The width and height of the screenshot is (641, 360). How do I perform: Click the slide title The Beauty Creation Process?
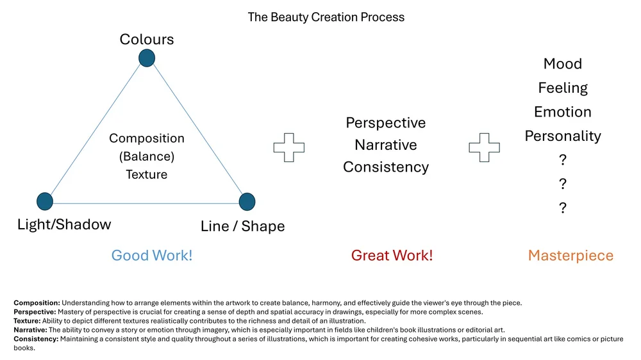tap(326, 17)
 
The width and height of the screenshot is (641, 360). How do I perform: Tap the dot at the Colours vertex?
tap(147, 58)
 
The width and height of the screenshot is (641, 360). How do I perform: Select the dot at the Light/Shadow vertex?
tap(44, 201)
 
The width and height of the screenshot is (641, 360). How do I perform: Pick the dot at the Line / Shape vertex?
tap(247, 202)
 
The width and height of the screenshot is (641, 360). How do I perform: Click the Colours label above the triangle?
tap(147, 39)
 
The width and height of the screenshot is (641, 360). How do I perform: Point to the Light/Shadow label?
tap(64, 224)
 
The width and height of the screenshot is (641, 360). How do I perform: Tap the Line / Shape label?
tap(242, 226)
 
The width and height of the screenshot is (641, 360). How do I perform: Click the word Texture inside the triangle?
tap(147, 174)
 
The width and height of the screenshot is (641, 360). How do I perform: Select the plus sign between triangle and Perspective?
tap(289, 147)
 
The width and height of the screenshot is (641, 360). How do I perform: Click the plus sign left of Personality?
tap(484, 147)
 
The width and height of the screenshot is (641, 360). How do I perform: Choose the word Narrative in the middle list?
tap(386, 145)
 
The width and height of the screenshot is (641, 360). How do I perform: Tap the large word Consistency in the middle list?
tap(386, 167)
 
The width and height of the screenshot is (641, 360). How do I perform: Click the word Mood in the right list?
tap(563, 64)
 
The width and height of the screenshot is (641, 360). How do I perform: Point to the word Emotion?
tap(563, 112)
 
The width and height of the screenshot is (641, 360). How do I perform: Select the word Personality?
tap(563, 136)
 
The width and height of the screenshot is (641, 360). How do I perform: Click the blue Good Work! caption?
tap(152, 256)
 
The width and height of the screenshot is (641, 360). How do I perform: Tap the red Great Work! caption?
tap(392, 256)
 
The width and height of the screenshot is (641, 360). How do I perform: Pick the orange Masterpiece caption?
tap(570, 256)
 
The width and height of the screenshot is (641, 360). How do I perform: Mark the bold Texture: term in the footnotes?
tap(27, 321)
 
